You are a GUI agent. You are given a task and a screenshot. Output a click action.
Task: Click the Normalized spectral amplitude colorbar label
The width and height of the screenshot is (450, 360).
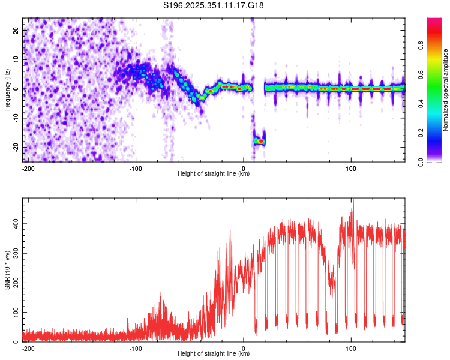click(x=445, y=90)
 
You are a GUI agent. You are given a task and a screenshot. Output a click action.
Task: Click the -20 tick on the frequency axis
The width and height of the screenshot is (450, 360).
click(x=16, y=147)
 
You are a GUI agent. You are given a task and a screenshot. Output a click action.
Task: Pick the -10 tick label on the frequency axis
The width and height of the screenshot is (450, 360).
click(x=16, y=118)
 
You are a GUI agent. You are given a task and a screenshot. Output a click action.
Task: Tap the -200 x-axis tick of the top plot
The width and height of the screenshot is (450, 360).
click(x=28, y=169)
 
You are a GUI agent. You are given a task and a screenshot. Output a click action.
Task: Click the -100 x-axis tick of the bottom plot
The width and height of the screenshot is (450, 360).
click(x=136, y=348)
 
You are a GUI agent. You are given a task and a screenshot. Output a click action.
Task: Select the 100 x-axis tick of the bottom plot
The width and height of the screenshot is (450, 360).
click(x=351, y=348)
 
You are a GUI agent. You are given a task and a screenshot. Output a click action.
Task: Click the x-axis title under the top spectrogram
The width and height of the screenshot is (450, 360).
click(x=214, y=174)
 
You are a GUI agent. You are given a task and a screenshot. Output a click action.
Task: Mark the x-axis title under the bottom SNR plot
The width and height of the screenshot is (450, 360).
click(x=214, y=354)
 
